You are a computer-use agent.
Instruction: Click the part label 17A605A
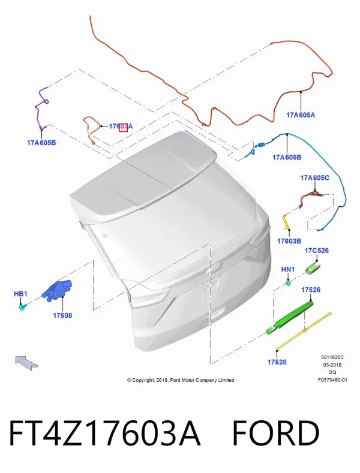tap(301, 115)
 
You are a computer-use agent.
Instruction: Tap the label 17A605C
tap(314, 177)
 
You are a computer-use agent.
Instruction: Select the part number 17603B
tap(289, 241)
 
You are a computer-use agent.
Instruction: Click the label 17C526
tap(317, 251)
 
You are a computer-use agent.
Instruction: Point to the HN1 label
tap(288, 269)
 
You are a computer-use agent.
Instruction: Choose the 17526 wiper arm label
tap(310, 290)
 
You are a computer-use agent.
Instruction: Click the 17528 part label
tap(277, 361)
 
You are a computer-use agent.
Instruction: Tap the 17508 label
tap(62, 315)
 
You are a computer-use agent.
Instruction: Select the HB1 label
tap(20, 294)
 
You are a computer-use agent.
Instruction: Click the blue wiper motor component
tap(58, 290)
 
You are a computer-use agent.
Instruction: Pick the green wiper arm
tap(289, 317)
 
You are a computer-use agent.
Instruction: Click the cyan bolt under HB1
tap(23, 308)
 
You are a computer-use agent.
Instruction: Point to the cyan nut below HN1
tap(289, 283)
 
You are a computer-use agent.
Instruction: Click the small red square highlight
tap(123, 127)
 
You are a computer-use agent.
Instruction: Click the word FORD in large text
tap(276, 433)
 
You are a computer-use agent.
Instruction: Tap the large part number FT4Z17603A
tap(105, 433)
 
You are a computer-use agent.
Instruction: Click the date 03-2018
tap(332, 364)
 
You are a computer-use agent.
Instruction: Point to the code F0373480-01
tap(332, 380)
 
